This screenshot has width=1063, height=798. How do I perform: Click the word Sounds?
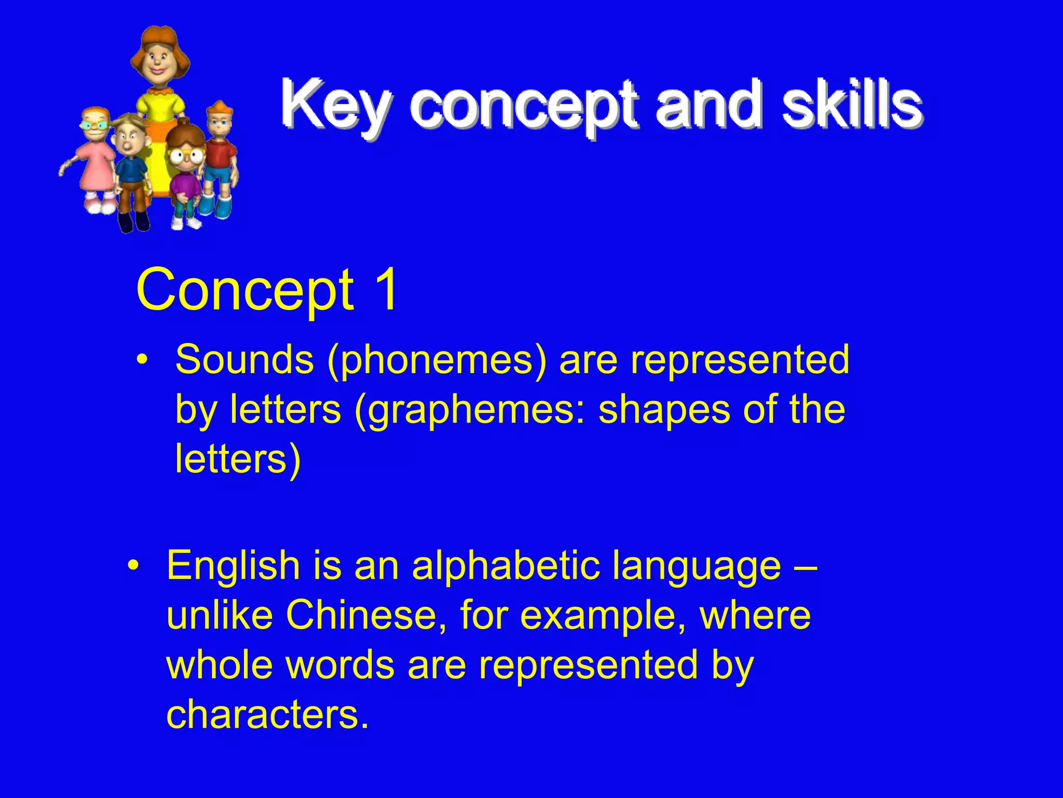click(x=244, y=360)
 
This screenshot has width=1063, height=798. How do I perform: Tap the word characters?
click(x=267, y=715)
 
